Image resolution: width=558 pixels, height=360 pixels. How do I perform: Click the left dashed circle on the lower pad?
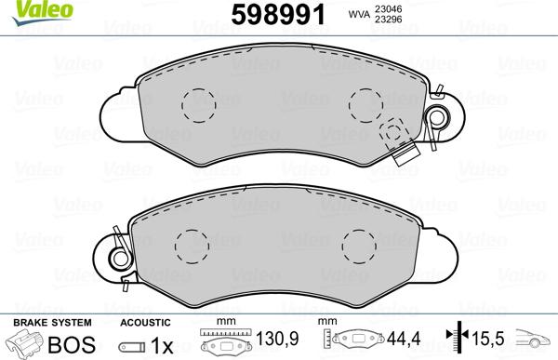pyautogui.click(x=193, y=247)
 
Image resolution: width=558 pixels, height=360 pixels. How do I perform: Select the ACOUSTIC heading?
pyautogui.click(x=144, y=322)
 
